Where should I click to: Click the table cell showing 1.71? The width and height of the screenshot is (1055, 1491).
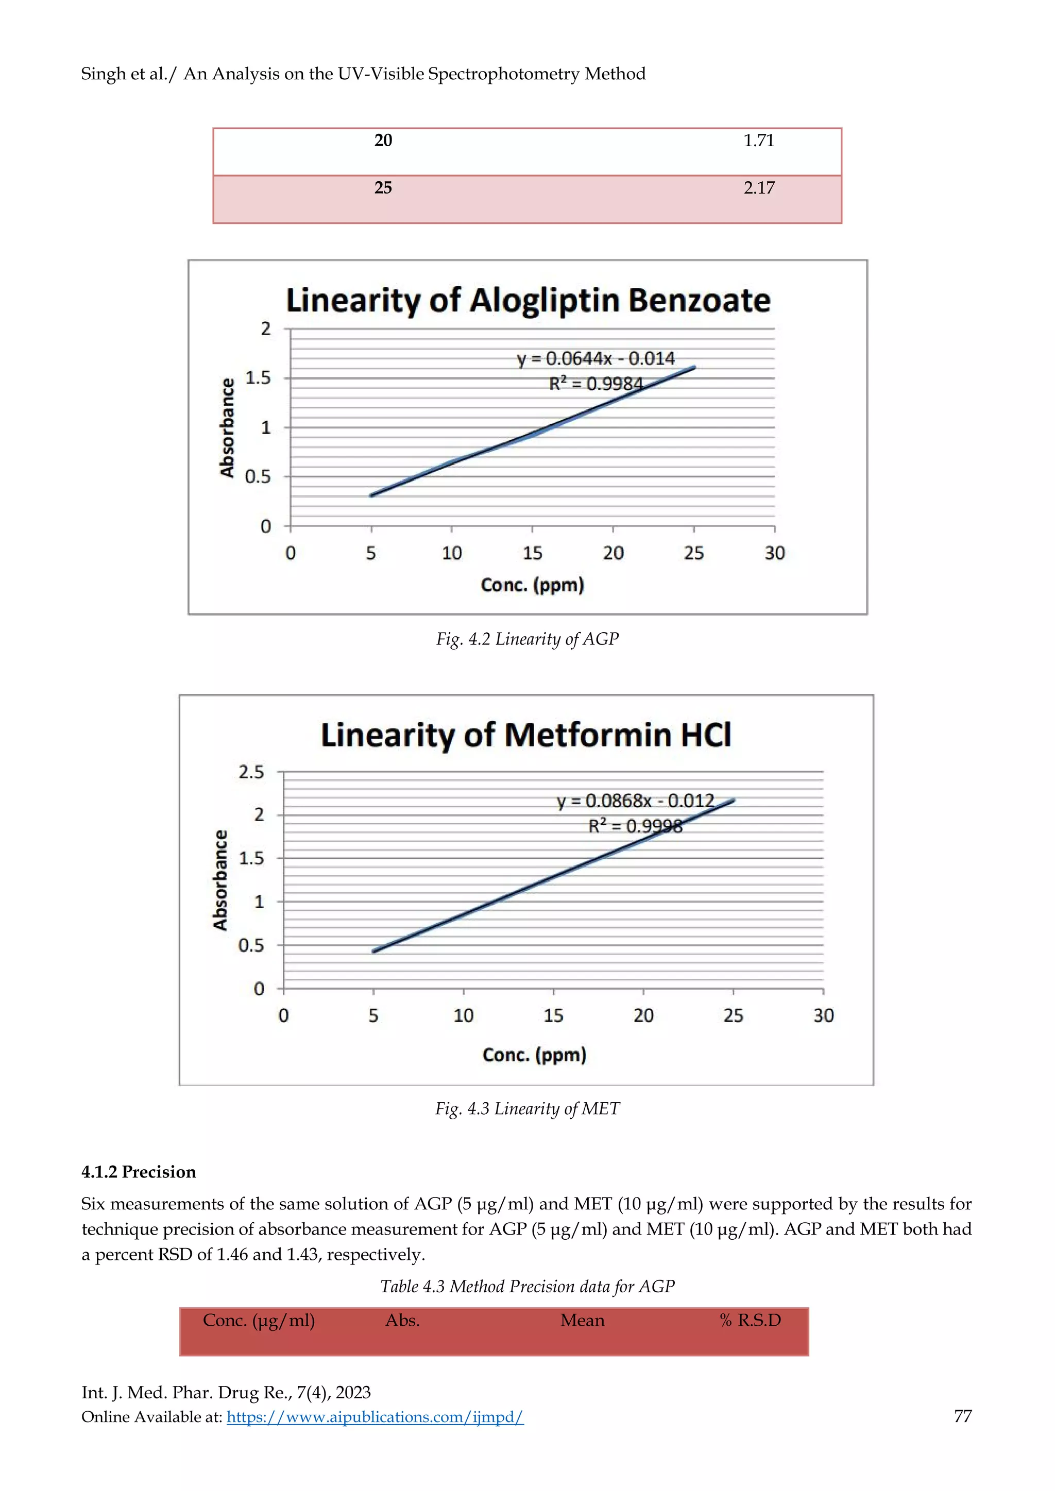click(758, 141)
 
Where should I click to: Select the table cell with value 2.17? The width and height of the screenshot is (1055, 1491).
click(758, 188)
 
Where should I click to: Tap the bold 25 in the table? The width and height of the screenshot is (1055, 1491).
click(383, 188)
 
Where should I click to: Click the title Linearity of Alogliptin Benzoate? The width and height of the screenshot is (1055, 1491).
click(527, 301)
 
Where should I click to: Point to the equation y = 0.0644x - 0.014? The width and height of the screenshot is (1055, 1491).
click(595, 358)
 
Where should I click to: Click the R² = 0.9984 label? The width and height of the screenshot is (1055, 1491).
click(595, 385)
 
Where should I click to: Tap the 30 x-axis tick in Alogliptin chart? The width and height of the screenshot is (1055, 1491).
click(774, 553)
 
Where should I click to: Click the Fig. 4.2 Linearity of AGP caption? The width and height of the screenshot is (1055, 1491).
click(527, 639)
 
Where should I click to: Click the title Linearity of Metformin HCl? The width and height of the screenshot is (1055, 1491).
click(525, 735)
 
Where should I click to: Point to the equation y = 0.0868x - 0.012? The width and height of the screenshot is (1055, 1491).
click(635, 801)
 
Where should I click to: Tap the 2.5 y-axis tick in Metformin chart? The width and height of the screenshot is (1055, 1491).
click(251, 772)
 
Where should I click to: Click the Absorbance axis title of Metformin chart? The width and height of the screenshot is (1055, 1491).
click(221, 880)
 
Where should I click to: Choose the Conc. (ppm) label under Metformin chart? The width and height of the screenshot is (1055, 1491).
click(534, 1054)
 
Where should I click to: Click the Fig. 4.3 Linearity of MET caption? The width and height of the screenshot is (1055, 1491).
click(527, 1108)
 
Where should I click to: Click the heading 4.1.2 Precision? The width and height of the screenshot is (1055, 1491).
click(139, 1172)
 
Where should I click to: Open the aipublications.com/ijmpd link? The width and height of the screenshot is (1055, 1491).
click(375, 1417)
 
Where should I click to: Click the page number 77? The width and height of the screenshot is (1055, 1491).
click(962, 1416)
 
